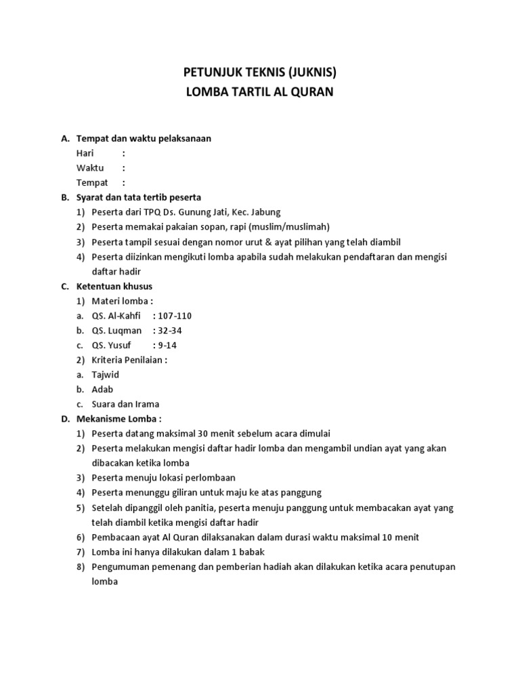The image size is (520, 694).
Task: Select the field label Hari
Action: [85, 153]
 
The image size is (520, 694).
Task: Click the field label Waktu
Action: [90, 168]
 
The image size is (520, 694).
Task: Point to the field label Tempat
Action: [92, 183]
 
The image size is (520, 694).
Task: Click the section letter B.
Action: [65, 198]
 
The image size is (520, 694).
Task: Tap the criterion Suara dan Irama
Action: [125, 405]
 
